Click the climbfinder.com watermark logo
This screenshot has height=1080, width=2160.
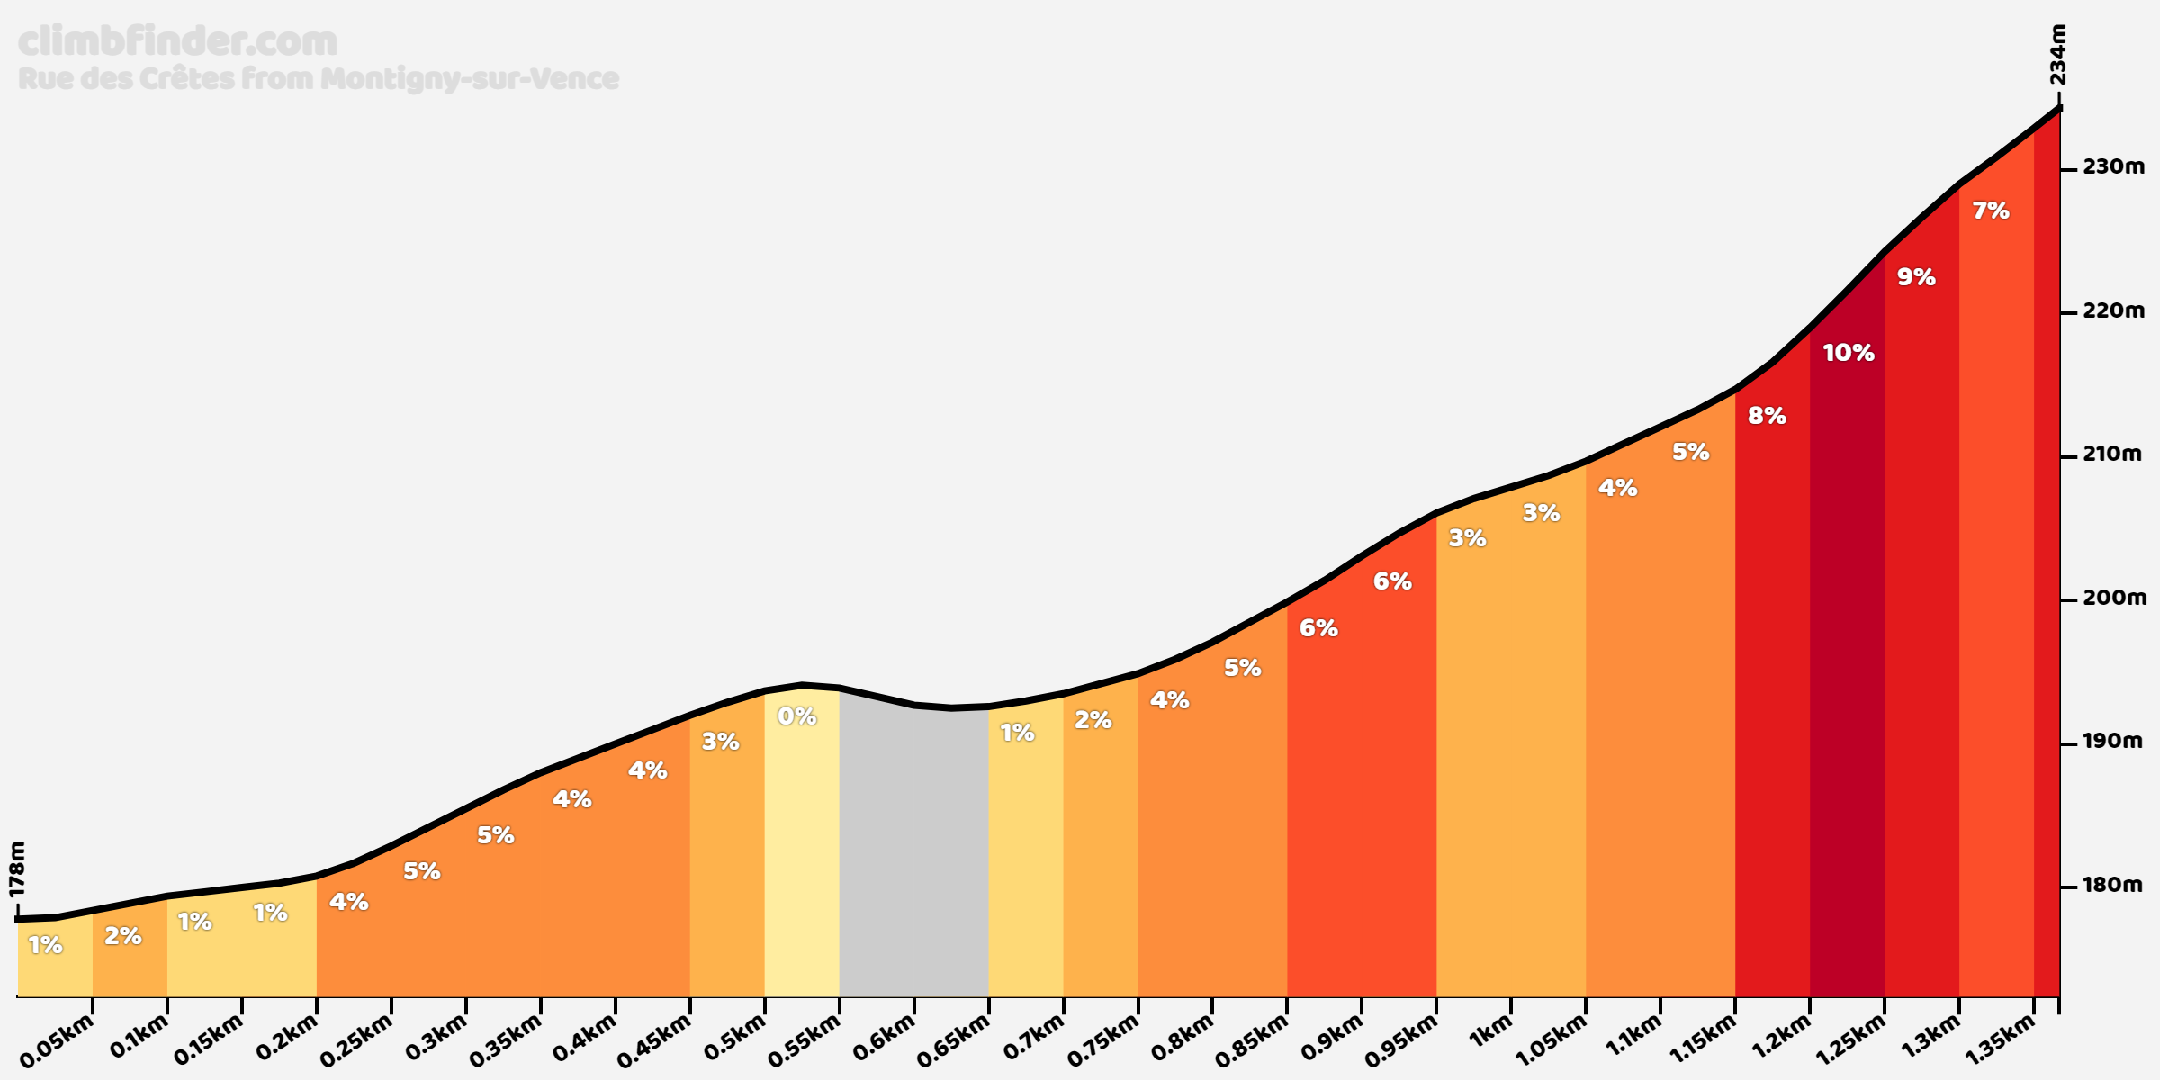click(x=177, y=41)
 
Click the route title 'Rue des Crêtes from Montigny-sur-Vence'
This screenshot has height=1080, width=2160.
click(x=319, y=79)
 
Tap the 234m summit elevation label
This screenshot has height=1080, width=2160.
click(x=2057, y=55)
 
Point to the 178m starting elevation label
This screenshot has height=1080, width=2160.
click(x=17, y=869)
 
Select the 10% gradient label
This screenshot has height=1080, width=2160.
click(x=1849, y=353)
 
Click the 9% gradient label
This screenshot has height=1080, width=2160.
click(x=1916, y=277)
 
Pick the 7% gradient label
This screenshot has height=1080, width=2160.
click(x=1991, y=211)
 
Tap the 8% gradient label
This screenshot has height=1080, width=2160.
click(x=1767, y=416)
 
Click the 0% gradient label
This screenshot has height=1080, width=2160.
click(x=796, y=716)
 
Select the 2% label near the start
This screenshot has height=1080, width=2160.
click(x=123, y=936)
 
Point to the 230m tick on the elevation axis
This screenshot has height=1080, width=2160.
click(x=2070, y=167)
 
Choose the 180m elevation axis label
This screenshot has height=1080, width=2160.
click(x=2113, y=886)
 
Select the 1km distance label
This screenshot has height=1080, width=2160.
click(x=1491, y=1030)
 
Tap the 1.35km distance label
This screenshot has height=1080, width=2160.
click(x=2000, y=1040)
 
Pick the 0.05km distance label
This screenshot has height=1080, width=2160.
click(x=57, y=1040)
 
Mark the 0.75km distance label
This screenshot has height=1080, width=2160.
click(x=1103, y=1040)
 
